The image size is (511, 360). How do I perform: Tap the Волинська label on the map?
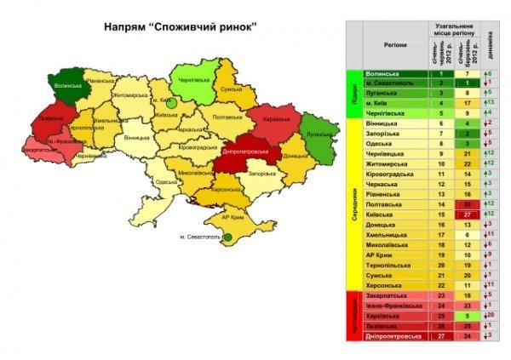pos(67,85)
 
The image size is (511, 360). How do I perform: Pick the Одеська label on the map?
pos(167,181)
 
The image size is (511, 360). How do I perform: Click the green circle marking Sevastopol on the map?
pos(228,238)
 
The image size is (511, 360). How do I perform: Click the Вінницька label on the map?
pos(136,137)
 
